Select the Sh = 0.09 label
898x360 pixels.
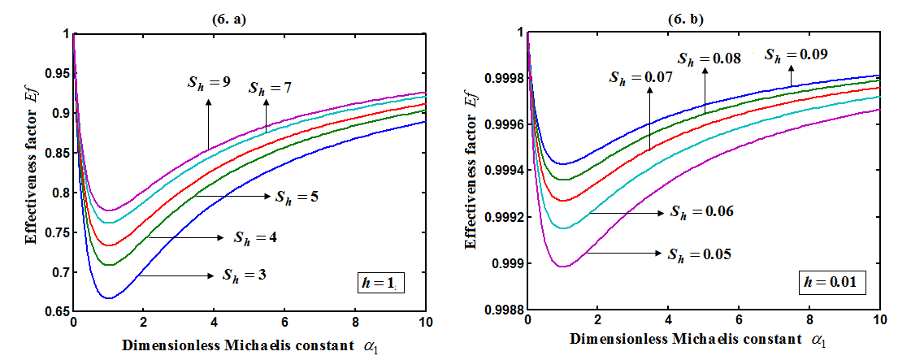pos(792,54)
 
